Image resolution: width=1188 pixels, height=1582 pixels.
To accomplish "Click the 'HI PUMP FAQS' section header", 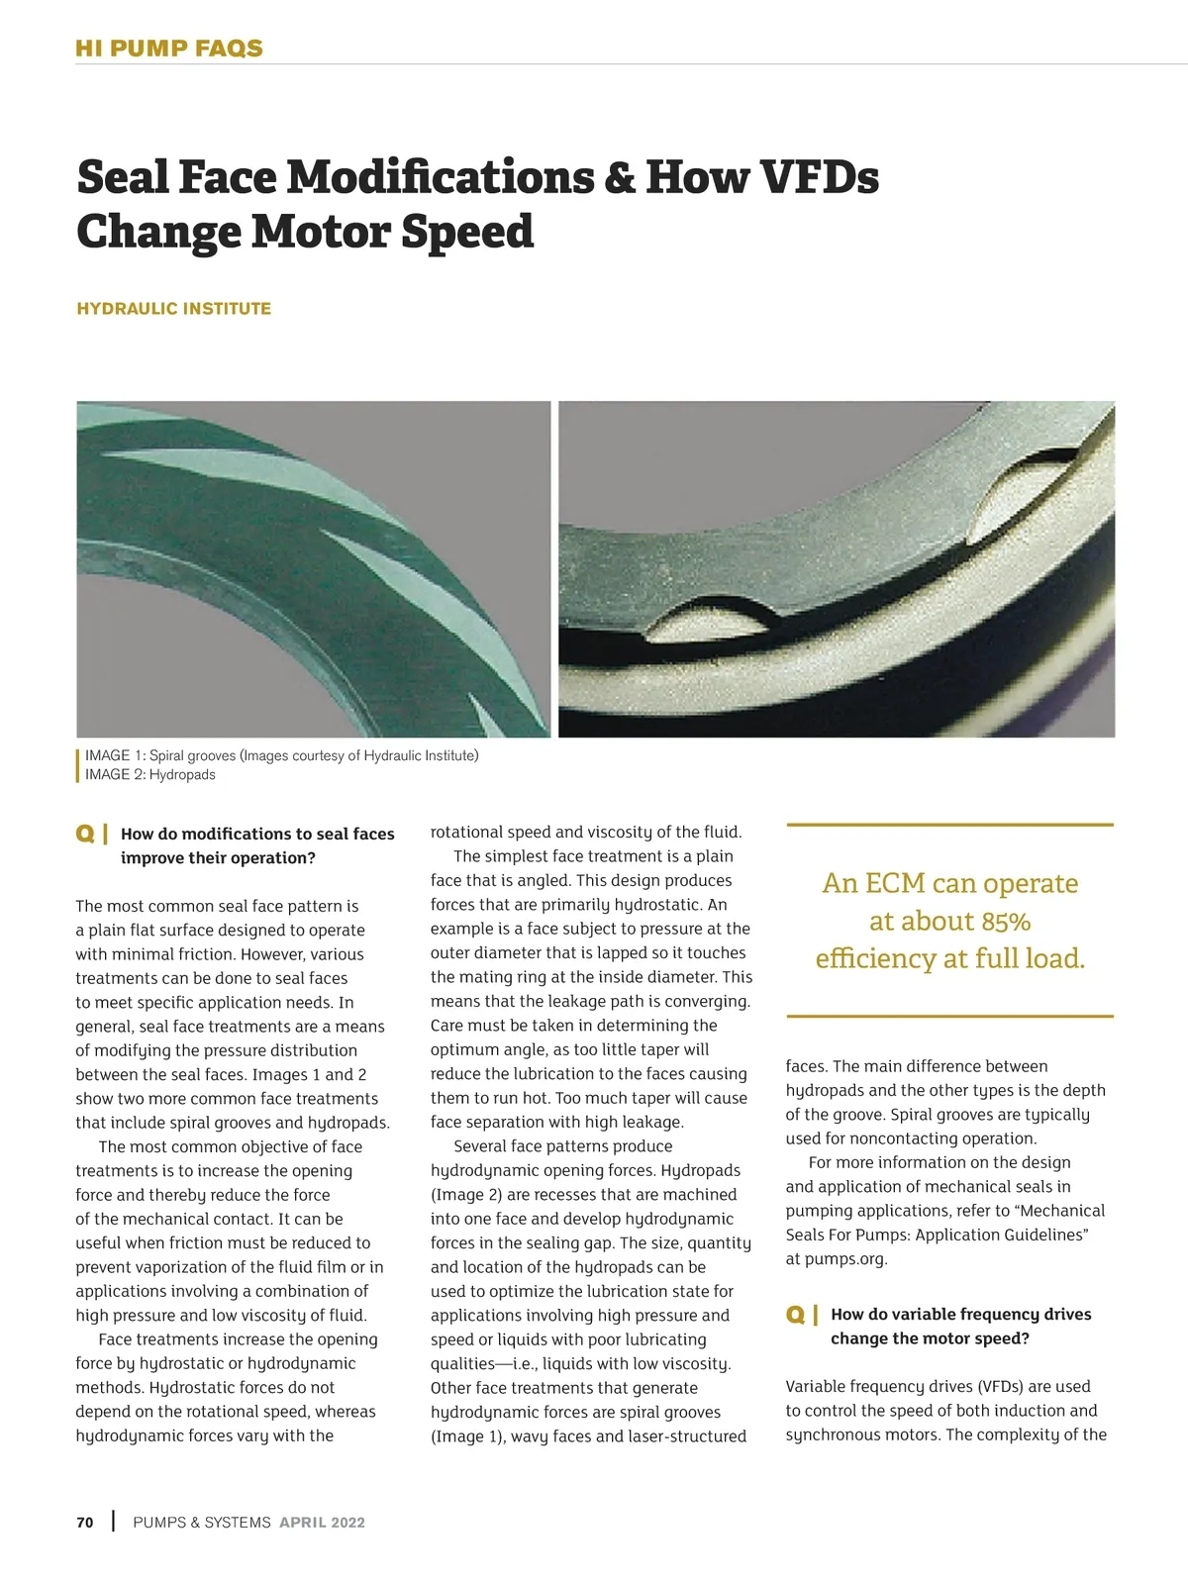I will (x=169, y=49).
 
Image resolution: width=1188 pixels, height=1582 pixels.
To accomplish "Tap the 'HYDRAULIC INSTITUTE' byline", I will (x=173, y=309).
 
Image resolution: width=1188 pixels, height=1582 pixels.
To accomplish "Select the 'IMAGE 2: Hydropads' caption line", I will (x=150, y=774).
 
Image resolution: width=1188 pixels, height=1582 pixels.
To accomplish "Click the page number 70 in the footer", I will (x=85, y=1522).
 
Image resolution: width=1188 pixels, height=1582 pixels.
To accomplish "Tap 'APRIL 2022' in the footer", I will (x=322, y=1523).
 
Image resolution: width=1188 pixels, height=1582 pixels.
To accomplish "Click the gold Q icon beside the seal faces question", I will (x=85, y=834).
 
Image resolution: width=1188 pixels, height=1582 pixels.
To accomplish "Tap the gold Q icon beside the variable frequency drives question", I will (x=795, y=1315).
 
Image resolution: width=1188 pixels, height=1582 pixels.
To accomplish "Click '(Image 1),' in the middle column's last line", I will (x=468, y=1435).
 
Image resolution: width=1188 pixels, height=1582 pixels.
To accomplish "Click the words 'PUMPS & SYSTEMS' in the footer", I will (x=202, y=1523).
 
